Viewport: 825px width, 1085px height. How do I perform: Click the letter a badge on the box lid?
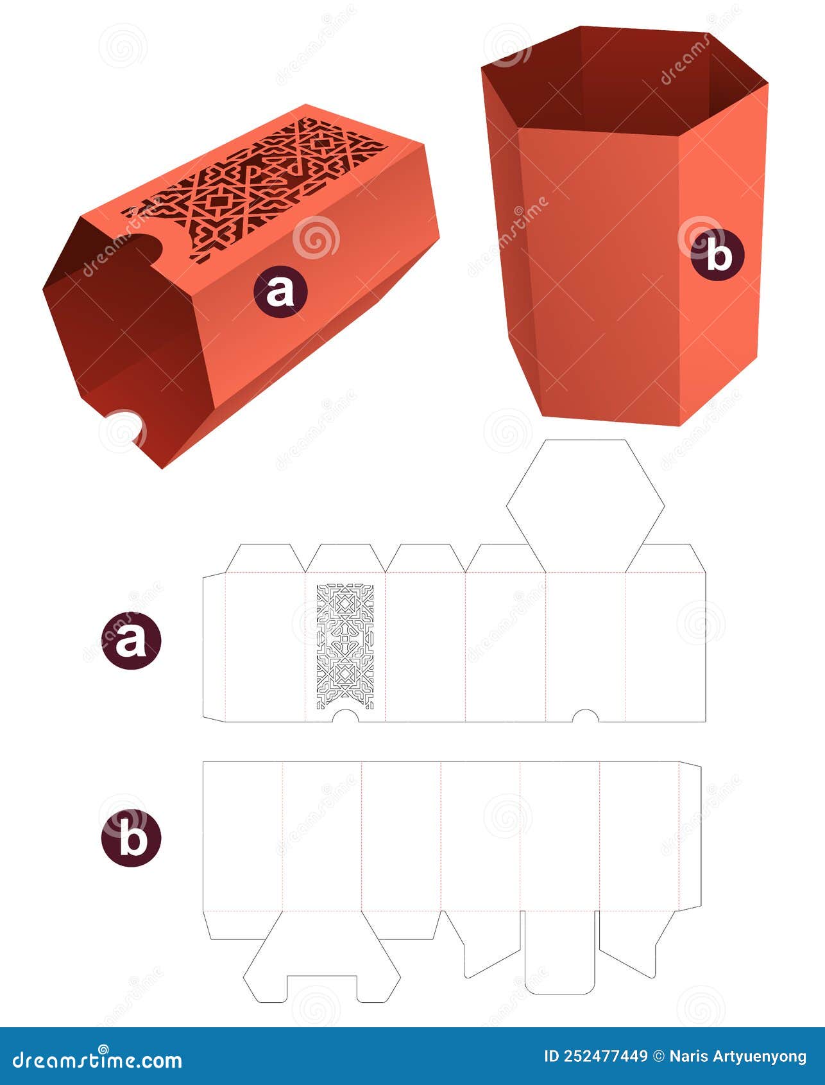click(280, 291)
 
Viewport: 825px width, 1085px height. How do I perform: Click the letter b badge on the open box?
click(718, 256)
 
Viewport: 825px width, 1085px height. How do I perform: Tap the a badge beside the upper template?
click(131, 640)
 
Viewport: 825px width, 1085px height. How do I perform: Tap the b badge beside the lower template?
click(131, 837)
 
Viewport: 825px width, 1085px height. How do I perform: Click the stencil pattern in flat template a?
click(345, 645)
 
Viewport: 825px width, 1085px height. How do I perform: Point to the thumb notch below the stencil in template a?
click(345, 716)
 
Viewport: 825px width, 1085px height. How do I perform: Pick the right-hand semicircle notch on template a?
click(584, 716)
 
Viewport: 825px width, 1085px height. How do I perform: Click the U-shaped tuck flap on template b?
click(559, 957)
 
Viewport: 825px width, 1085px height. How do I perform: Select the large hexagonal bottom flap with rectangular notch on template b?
click(321, 963)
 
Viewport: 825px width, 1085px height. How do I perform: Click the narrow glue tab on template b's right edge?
click(690, 837)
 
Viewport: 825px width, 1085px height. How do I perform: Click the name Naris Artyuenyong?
click(738, 1056)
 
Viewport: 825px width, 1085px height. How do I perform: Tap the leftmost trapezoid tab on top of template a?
click(264, 559)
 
